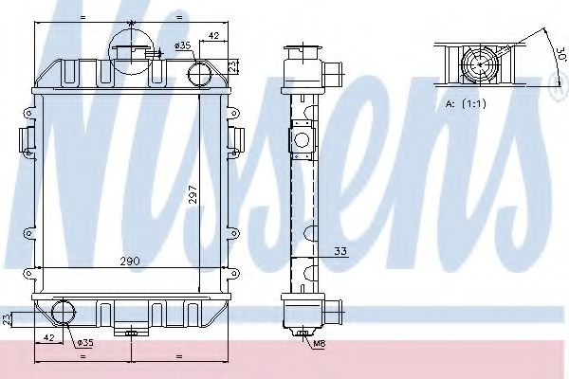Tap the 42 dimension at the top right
pos(214,36)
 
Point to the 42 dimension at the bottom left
pos(45,335)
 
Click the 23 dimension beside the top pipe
pos(233,65)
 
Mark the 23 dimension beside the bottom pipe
pos(7,318)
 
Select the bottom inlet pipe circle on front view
pos(64,312)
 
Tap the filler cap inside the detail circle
pos(130,47)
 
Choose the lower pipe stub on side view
pos(331,309)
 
